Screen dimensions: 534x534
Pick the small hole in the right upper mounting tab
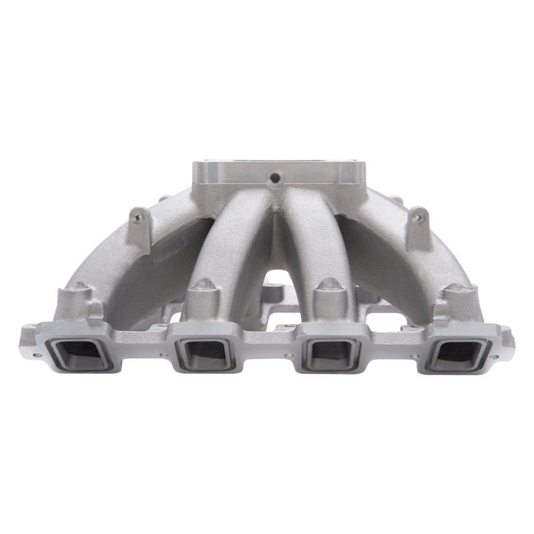419,217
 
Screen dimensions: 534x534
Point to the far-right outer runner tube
400,260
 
